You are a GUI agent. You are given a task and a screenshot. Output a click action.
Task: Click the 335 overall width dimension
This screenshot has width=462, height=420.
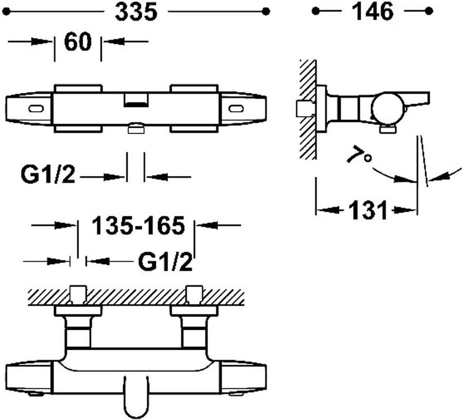(136, 12)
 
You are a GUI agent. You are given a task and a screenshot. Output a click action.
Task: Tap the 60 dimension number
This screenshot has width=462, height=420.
(78, 42)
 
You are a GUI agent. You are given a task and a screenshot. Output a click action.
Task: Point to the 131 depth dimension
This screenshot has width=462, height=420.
(367, 210)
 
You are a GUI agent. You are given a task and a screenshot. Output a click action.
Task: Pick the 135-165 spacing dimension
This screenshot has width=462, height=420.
(138, 226)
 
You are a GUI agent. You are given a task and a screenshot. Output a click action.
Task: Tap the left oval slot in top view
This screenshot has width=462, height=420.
(36, 108)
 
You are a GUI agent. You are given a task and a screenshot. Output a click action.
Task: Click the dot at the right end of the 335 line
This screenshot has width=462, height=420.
(265, 11)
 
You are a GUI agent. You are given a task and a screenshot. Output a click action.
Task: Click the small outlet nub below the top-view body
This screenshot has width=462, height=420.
(136, 128)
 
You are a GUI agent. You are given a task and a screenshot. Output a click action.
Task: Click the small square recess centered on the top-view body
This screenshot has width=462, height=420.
(136, 99)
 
